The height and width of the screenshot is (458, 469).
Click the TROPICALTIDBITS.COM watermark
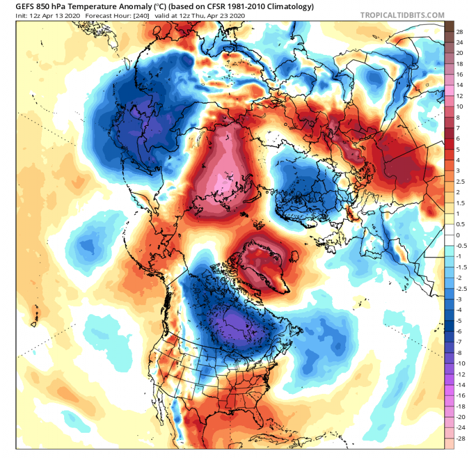pyautogui.click(x=403, y=15)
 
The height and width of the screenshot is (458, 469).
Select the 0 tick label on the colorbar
pyautogui.click(x=458, y=235)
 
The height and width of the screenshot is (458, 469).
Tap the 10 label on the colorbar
pyautogui.click(x=459, y=106)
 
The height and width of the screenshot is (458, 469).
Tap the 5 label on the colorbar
pyautogui.click(x=458, y=149)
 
